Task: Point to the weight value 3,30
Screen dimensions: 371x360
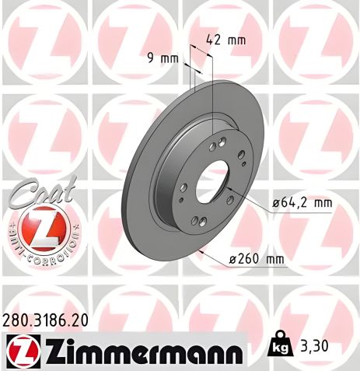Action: click(316, 344)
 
